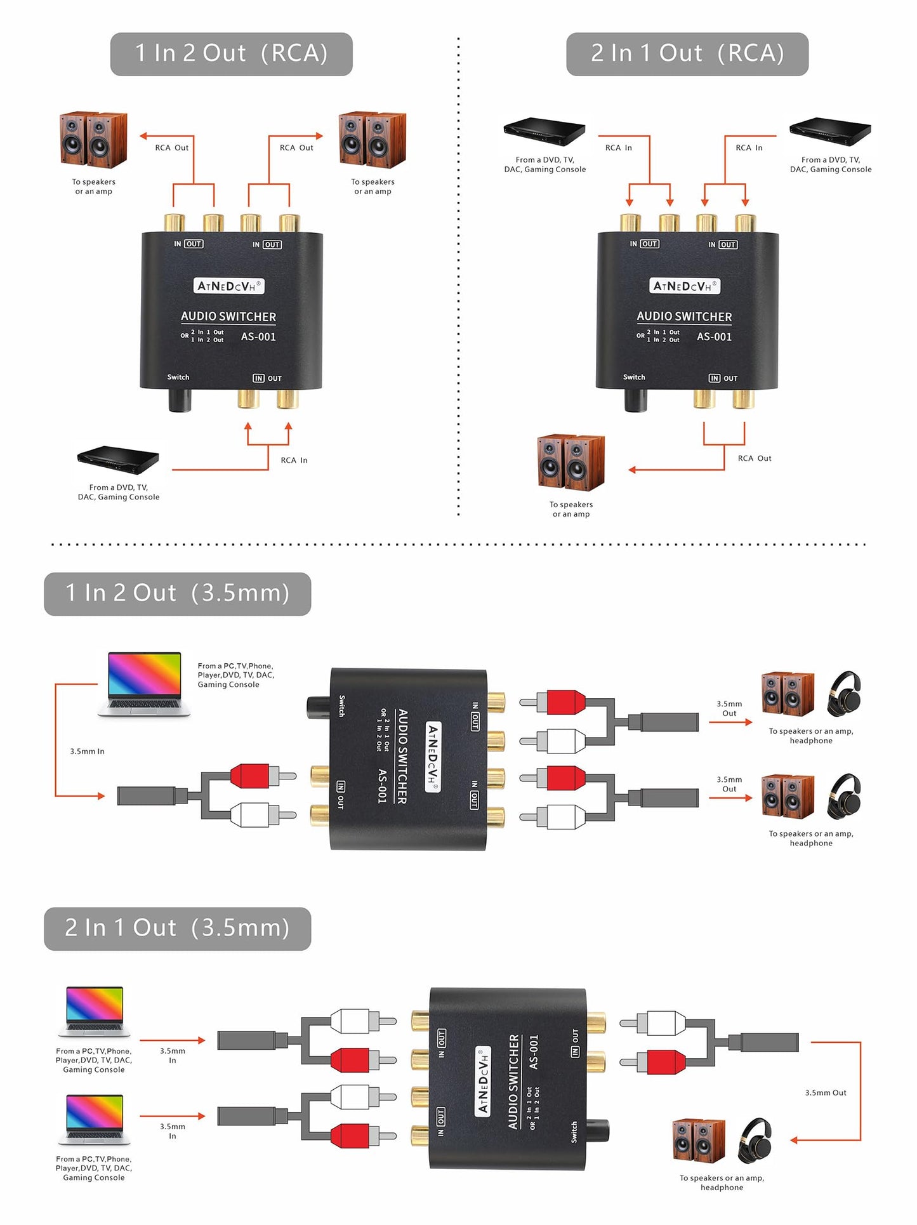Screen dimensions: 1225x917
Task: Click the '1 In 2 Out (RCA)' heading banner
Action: click(x=231, y=54)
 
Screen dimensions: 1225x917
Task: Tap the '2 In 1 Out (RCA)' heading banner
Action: click(x=687, y=54)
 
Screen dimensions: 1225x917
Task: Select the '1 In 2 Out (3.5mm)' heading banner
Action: click(x=177, y=593)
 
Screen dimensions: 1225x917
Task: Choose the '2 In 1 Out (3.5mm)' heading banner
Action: click(x=177, y=928)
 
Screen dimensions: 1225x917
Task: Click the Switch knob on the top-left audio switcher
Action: click(x=180, y=401)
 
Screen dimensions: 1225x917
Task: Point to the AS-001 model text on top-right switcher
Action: click(x=714, y=337)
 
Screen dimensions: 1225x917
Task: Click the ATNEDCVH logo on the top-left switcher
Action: click(x=228, y=286)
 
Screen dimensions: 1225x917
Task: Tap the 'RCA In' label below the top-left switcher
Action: click(x=294, y=460)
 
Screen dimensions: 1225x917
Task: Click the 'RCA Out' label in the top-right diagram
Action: click(x=754, y=458)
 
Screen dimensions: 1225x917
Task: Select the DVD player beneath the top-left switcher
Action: click(x=118, y=460)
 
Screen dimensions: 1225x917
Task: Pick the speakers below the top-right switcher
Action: click(x=571, y=463)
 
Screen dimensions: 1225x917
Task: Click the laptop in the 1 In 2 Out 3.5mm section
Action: click(x=144, y=684)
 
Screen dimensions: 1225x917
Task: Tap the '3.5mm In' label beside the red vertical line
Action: click(x=87, y=752)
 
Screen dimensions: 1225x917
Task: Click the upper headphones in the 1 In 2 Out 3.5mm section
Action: click(x=845, y=694)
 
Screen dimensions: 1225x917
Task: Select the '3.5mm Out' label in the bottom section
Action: click(x=825, y=1093)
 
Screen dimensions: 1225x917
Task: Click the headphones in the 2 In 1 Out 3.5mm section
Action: click(x=755, y=1141)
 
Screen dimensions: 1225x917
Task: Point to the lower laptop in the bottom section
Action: click(x=95, y=1120)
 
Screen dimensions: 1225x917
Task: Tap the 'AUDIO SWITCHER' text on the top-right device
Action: click(x=684, y=316)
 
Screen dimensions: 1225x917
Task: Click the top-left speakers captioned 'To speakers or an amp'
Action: click(x=93, y=140)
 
